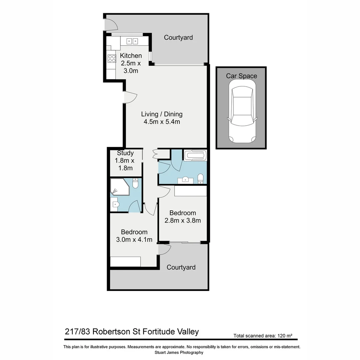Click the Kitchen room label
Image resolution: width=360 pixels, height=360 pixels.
pos(131,56)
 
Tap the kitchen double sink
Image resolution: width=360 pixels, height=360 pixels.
pos(132,41)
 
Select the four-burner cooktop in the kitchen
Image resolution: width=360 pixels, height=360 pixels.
pos(111,59)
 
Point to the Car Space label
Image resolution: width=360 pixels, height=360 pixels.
pos(241,76)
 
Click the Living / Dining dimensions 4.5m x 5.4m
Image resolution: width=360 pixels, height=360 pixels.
pos(162,122)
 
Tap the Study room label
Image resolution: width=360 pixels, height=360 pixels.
pos(125,153)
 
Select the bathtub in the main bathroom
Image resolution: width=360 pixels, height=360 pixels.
pos(195,155)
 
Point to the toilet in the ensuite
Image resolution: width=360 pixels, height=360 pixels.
pos(135,183)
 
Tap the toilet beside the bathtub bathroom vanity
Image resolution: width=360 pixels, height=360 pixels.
pos(200,179)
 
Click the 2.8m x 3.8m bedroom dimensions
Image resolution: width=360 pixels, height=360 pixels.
pos(182,220)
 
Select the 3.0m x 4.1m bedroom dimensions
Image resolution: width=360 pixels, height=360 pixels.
pos(134,239)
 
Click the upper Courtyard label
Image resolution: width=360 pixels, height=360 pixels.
pos(178,38)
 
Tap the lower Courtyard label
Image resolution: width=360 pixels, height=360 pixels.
pos(181,267)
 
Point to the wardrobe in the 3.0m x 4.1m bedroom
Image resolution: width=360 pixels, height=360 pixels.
pos(125,262)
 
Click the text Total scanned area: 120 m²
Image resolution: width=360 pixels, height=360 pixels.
pos(263,336)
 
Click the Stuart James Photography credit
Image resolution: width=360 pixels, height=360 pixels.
pos(179,352)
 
